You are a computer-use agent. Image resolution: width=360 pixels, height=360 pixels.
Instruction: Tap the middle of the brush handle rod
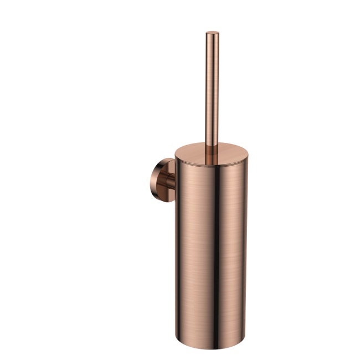[x=212, y=89]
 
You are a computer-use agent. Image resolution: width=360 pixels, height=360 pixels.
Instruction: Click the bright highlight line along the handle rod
[x=210, y=89]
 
